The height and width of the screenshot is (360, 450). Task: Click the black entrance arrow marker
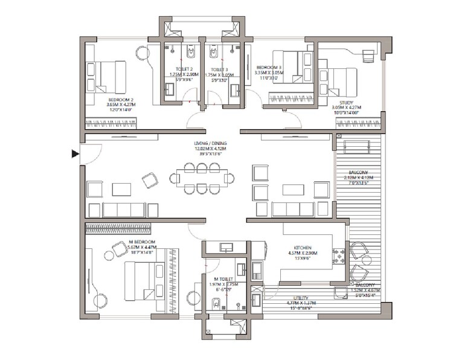tap(75, 154)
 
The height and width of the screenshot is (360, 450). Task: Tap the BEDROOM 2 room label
tap(121, 99)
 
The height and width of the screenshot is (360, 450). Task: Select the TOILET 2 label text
tap(184, 69)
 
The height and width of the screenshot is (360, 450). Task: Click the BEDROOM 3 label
tap(268, 68)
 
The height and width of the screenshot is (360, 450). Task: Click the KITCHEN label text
tap(302, 248)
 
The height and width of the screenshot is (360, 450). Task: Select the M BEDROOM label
tap(141, 241)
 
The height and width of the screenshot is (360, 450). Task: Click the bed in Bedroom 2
tap(106, 77)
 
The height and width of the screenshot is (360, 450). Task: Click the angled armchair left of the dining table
tap(150, 180)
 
